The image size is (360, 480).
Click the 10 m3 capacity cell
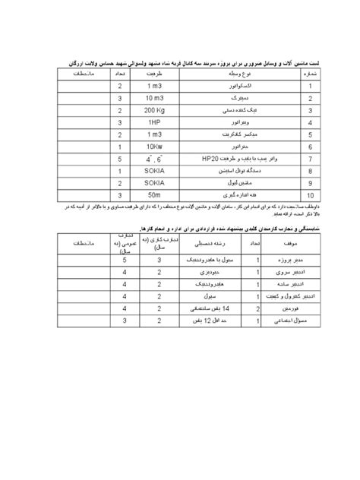(159, 99)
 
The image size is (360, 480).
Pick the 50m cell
(159, 194)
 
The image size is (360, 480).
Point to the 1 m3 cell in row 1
(159, 87)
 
